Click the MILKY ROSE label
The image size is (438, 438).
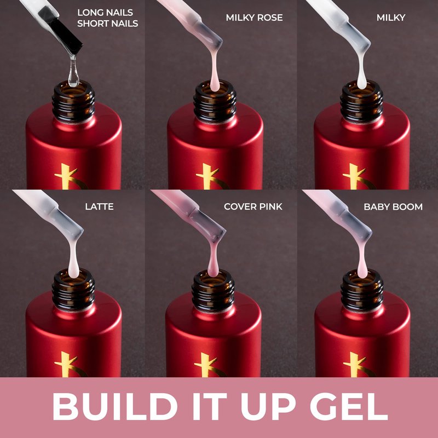(x=254, y=18)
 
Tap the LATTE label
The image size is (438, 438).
(x=99, y=206)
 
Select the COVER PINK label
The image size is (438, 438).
(x=253, y=206)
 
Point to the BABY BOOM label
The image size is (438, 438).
(x=393, y=207)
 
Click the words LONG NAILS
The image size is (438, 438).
(x=105, y=13)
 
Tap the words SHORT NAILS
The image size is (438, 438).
(x=107, y=24)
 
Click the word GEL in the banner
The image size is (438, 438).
(x=349, y=406)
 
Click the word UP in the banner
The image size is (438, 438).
(x=268, y=406)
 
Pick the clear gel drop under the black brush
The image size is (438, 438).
(x=73, y=73)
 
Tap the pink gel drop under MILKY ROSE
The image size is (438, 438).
(x=215, y=73)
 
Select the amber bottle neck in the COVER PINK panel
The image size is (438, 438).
(x=213, y=291)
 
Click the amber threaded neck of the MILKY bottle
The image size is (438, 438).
(x=362, y=102)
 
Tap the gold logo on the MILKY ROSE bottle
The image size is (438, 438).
(x=211, y=176)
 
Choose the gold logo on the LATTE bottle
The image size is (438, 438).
(x=70, y=365)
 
